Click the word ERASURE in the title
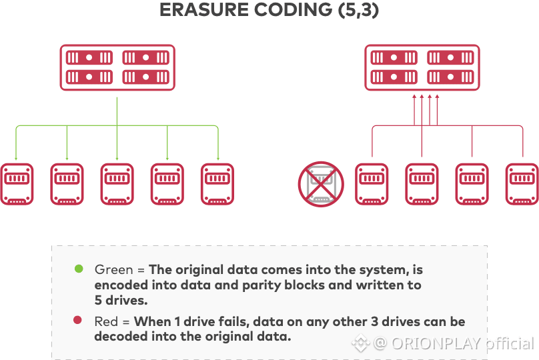click(204, 9)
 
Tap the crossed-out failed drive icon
click(321, 184)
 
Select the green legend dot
click(79, 269)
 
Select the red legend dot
click(77, 320)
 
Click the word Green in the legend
click(114, 269)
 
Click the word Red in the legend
click(106, 322)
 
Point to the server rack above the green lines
click(117, 67)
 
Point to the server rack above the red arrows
click(422, 67)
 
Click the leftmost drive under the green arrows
click(17, 184)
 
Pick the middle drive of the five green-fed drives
click(117, 184)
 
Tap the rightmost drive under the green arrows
click(217, 184)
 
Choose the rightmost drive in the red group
click(522, 184)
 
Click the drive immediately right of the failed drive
click(372, 184)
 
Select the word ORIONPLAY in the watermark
click(436, 343)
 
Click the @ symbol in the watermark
click(380, 343)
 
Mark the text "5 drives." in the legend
click(121, 301)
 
